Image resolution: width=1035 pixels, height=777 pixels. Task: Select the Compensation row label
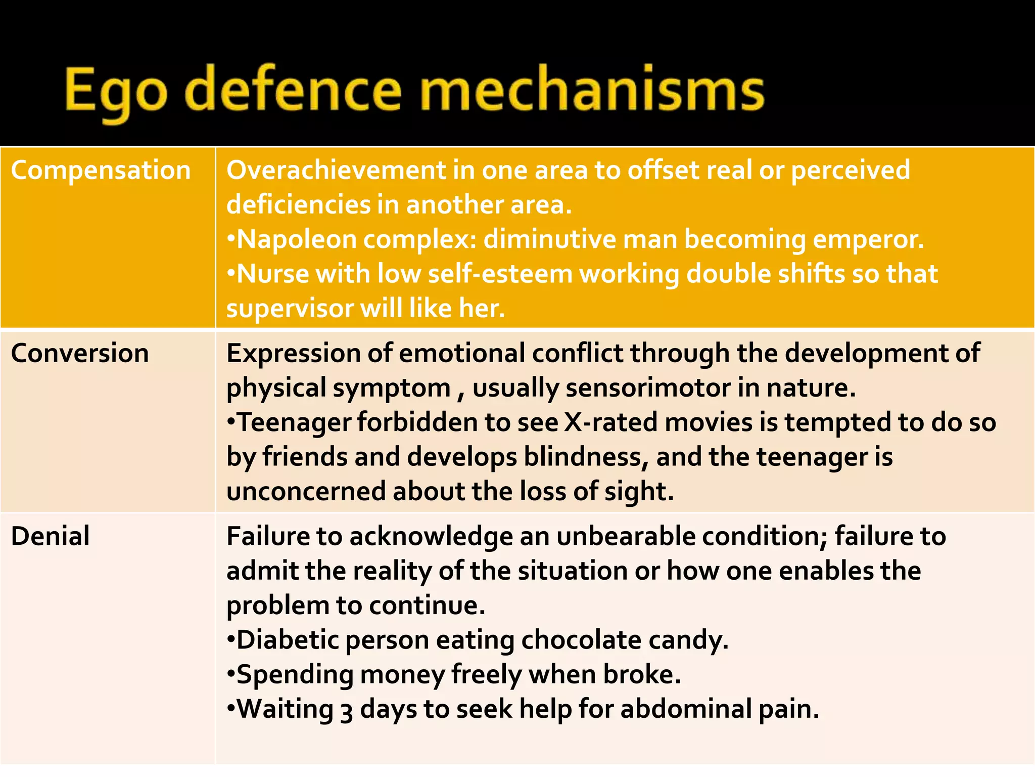point(101,170)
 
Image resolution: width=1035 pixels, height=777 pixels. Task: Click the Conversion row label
point(80,353)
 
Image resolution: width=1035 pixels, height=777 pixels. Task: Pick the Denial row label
point(50,536)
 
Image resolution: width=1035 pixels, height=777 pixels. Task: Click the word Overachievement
point(336,170)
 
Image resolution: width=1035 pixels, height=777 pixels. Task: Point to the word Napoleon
point(297,239)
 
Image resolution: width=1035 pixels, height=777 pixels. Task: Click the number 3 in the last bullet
point(346,710)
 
